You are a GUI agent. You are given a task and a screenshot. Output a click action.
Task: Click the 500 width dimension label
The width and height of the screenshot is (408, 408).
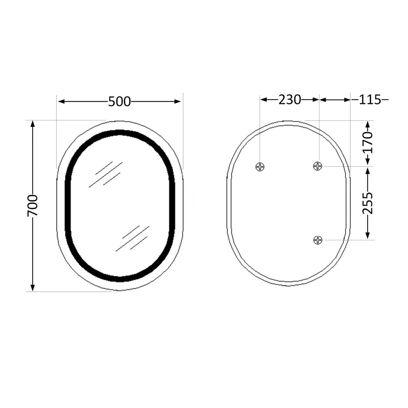click(x=119, y=102)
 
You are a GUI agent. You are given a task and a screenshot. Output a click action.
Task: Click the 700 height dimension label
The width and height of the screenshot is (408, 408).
click(x=33, y=205)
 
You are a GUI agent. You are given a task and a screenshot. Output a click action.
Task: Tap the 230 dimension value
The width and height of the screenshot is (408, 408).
click(x=290, y=100)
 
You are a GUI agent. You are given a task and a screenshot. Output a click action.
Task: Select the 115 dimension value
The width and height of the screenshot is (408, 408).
click(x=370, y=100)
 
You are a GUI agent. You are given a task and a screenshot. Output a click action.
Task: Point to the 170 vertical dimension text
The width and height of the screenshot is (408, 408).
click(x=368, y=142)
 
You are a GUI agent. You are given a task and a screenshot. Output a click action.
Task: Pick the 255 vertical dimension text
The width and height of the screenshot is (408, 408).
click(x=368, y=203)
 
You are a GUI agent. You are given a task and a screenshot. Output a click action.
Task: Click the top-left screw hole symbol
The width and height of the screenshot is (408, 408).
click(x=260, y=166)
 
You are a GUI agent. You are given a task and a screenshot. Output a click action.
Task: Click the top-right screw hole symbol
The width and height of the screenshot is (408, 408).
click(x=318, y=166)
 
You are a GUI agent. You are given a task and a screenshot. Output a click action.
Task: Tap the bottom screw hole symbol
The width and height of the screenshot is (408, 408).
click(x=318, y=240)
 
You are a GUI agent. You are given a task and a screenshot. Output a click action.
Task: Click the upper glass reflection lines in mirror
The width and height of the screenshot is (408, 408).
click(x=105, y=174)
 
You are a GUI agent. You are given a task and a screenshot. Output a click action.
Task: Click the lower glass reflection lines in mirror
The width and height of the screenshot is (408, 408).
click(x=133, y=238)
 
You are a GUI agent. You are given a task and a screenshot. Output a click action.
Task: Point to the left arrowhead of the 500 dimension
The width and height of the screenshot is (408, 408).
click(x=60, y=102)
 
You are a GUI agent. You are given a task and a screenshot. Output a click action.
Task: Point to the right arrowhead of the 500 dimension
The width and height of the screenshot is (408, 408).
click(x=178, y=102)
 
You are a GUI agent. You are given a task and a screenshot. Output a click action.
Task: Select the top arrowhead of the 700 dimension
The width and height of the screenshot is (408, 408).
click(x=33, y=124)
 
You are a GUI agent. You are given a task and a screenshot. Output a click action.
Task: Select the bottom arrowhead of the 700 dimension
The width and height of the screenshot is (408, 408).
click(x=33, y=288)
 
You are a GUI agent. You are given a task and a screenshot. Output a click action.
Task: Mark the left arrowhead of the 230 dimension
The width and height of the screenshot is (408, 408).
click(x=263, y=100)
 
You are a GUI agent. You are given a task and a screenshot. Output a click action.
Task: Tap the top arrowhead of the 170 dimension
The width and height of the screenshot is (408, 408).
click(x=368, y=124)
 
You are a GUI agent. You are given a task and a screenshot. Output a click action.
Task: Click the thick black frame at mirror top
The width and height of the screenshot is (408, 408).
click(x=120, y=133)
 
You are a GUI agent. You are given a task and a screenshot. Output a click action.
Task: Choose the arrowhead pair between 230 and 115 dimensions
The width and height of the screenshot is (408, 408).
click(x=319, y=100)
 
